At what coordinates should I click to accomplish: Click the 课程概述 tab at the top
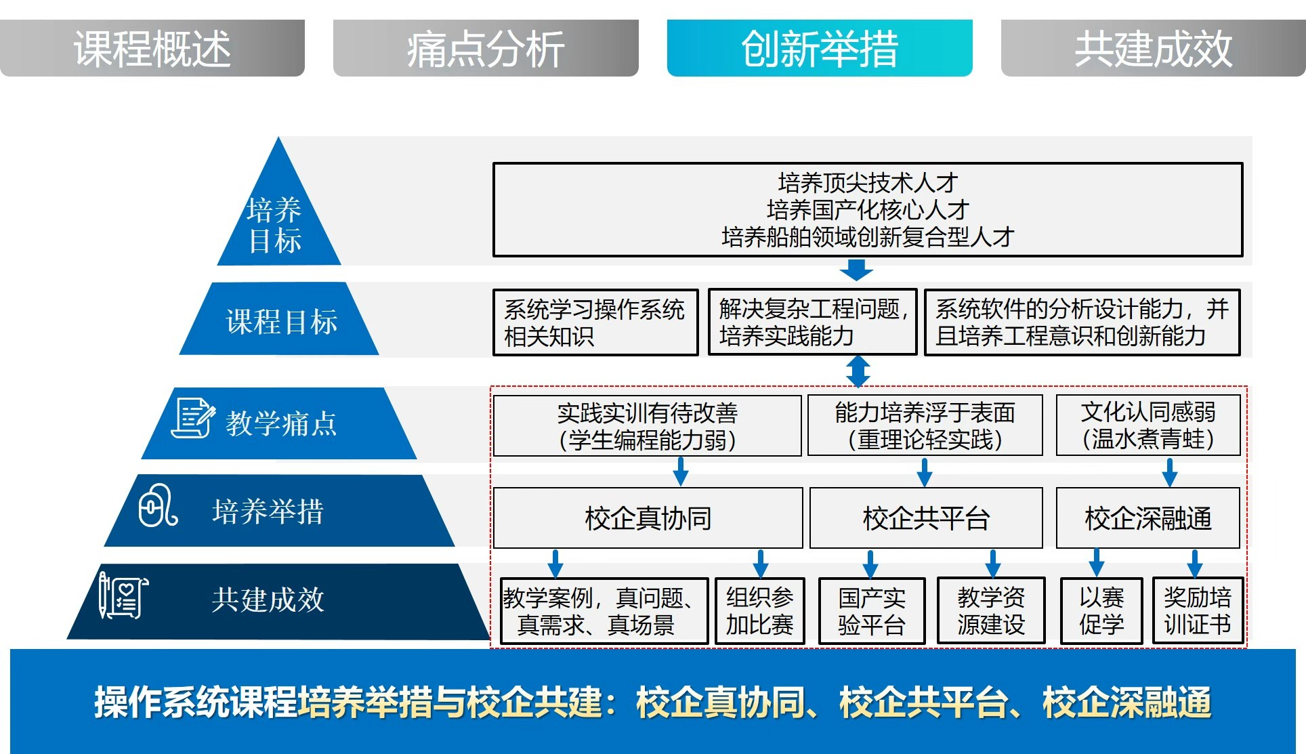coord(152,48)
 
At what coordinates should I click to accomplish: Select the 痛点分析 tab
coord(486,48)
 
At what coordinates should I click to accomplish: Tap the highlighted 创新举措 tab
coord(820,48)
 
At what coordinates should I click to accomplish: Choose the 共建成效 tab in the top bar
coord(1153,48)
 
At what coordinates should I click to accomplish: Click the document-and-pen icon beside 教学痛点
coord(192,418)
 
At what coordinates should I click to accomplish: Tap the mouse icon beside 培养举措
coord(158,505)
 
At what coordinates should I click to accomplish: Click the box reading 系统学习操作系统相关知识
coord(595,322)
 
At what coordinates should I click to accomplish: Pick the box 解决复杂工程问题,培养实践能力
coord(812,322)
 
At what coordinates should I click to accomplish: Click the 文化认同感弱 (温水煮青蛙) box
coord(1148,425)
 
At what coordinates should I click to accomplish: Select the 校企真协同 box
coord(648,518)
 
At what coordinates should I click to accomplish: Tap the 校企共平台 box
coord(926,518)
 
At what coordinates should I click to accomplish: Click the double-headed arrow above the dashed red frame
coord(858,371)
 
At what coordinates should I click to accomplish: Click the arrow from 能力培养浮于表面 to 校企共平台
coord(925,472)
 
